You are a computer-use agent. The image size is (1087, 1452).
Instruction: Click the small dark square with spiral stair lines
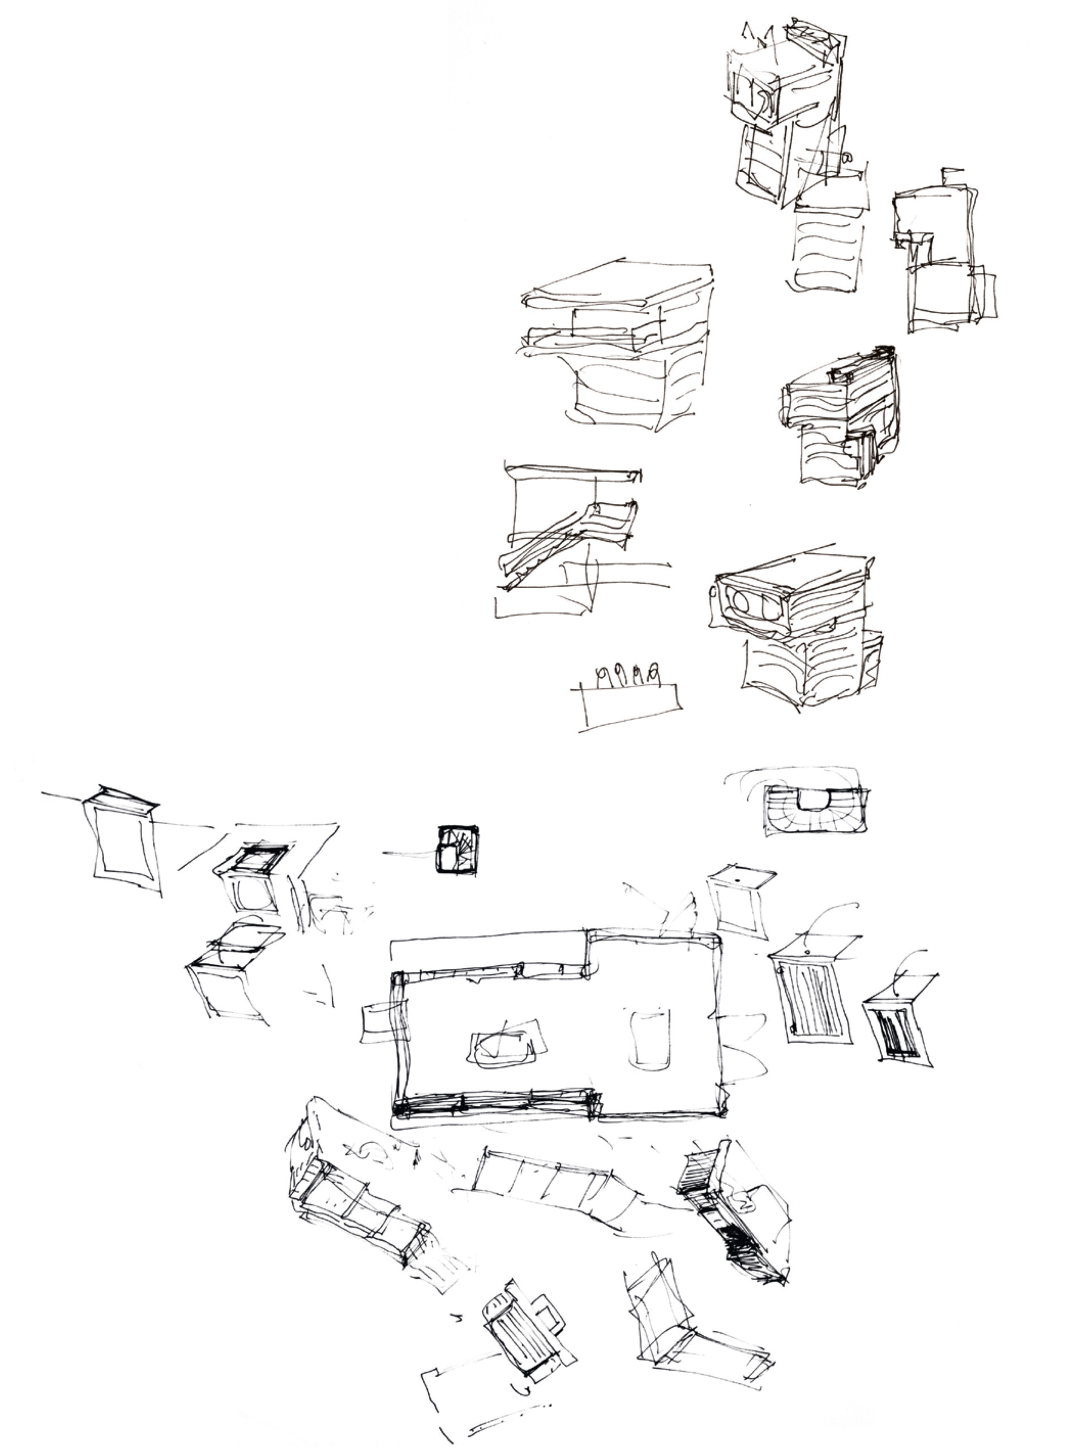458,849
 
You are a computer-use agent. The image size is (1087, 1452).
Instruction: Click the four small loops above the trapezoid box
626,674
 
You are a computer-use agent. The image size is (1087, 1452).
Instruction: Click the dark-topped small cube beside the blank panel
253,880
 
